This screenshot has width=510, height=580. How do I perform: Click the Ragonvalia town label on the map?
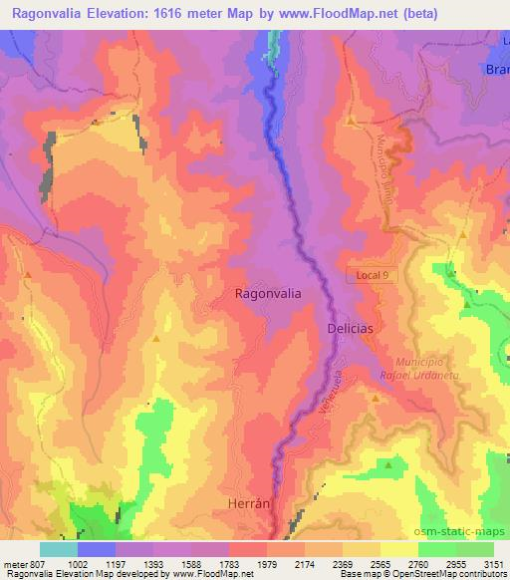coord(268,294)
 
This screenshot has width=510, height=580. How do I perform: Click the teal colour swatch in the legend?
coord(58,549)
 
